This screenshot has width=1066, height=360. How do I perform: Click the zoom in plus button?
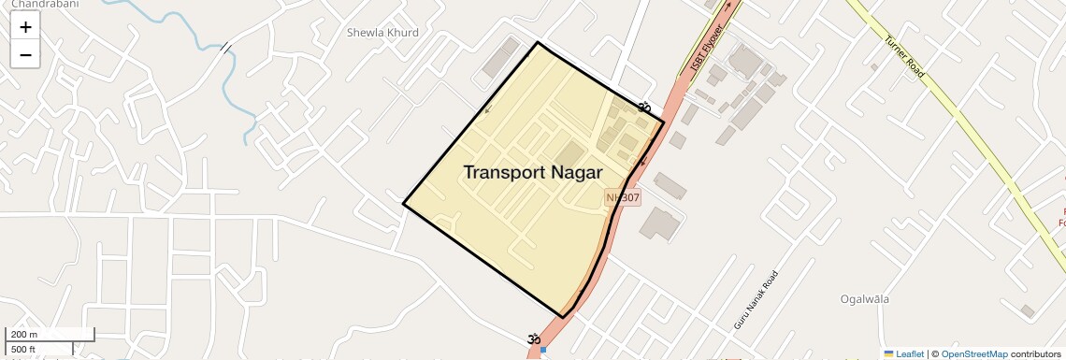click(25, 27)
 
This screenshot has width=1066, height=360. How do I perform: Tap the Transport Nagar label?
click(533, 173)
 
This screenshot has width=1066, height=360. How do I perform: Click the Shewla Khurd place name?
click(382, 33)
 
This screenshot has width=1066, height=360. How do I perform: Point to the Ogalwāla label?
click(864, 299)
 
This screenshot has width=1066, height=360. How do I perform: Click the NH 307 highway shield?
click(623, 198)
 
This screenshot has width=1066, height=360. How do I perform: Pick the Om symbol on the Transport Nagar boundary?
click(643, 108)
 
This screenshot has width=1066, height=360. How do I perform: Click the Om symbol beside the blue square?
click(533, 338)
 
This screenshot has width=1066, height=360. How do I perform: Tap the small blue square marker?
click(542, 350)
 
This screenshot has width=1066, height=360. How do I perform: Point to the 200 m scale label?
click(24, 335)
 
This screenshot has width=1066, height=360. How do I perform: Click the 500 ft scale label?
click(23, 350)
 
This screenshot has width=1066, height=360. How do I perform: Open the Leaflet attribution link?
click(909, 354)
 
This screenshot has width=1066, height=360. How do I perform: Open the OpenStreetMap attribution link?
click(974, 354)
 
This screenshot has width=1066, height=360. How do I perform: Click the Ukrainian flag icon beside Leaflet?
click(888, 354)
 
